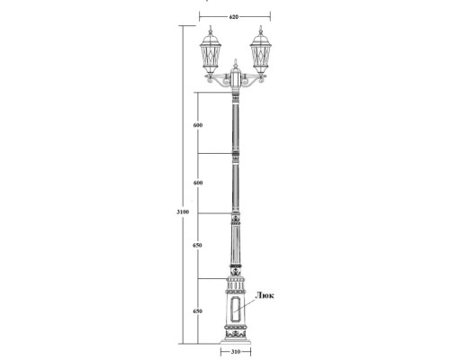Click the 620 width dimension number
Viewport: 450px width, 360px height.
(x=234, y=17)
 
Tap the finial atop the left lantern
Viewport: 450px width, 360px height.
(x=212, y=29)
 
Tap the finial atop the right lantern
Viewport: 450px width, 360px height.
(x=261, y=29)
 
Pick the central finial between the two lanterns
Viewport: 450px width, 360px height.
(x=237, y=64)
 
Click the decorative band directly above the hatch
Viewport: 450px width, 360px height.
(x=237, y=292)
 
